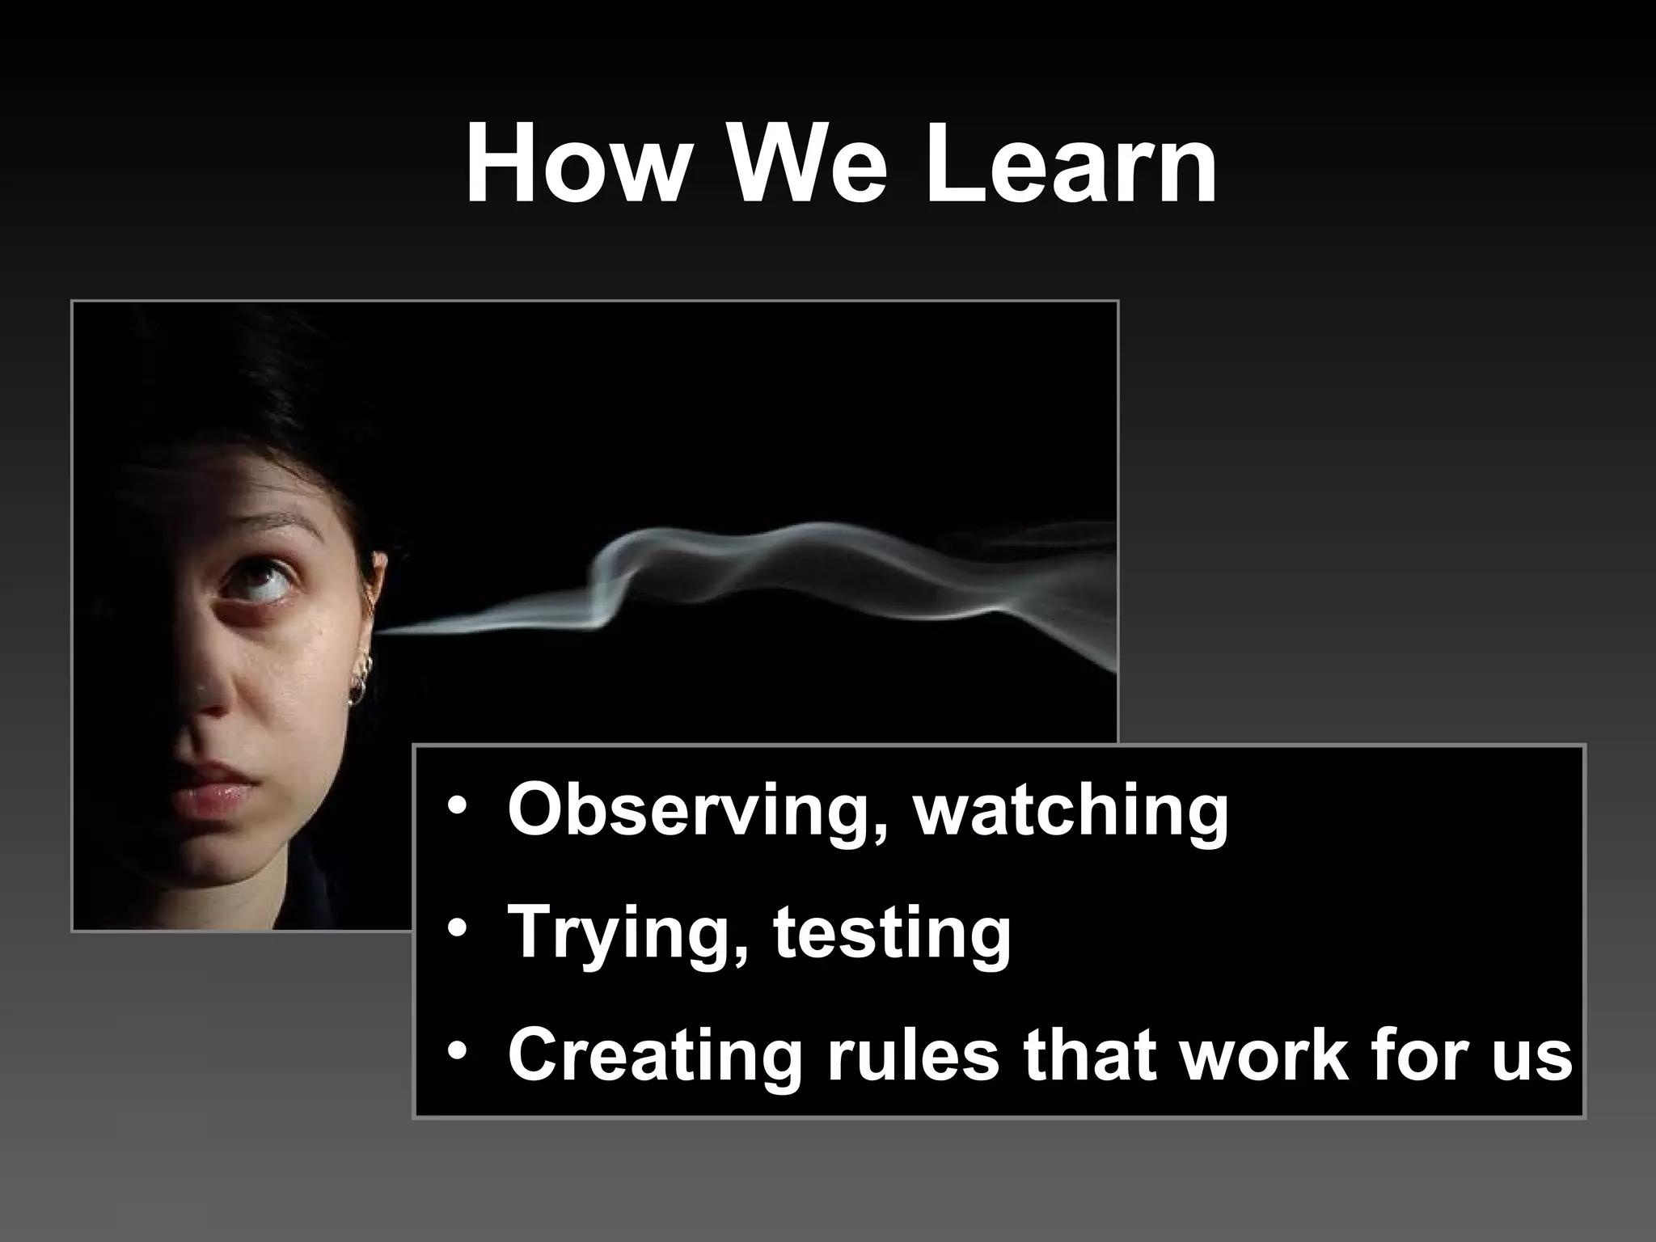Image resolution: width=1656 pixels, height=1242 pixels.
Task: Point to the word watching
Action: tap(1071, 811)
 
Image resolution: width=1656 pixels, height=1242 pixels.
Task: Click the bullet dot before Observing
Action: tap(458, 809)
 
